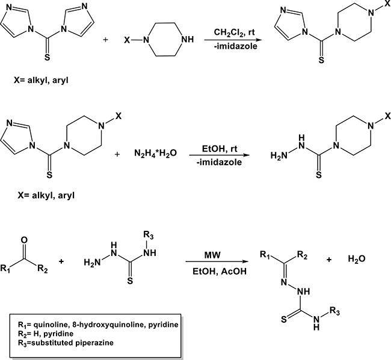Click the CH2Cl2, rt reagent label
pyautogui.click(x=234, y=32)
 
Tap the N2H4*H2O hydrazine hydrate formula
pyautogui.click(x=155, y=153)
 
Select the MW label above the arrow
pyautogui.click(x=212, y=255)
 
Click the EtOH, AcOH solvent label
pyautogui.click(x=220, y=271)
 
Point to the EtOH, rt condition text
pyautogui.click(x=220, y=148)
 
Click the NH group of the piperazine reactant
pyautogui.click(x=188, y=39)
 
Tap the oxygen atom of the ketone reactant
pyautogui.click(x=24, y=240)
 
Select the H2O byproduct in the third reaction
pyautogui.click(x=357, y=260)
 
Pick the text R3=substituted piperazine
pyautogui.click(x=66, y=343)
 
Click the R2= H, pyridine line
pyautogui.click(x=46, y=334)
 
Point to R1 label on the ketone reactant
pyautogui.click(x=5, y=269)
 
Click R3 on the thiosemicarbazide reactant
pyautogui.click(x=149, y=235)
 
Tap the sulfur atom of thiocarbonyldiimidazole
pyautogui.click(x=47, y=58)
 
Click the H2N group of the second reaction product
pyautogui.click(x=279, y=156)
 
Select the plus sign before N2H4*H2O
pyautogui.click(x=117, y=154)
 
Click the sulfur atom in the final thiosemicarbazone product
pyautogui.click(x=284, y=319)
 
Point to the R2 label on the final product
pyautogui.click(x=302, y=255)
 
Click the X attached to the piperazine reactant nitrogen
pyautogui.click(x=127, y=40)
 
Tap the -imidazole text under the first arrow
pyautogui.click(x=235, y=46)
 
